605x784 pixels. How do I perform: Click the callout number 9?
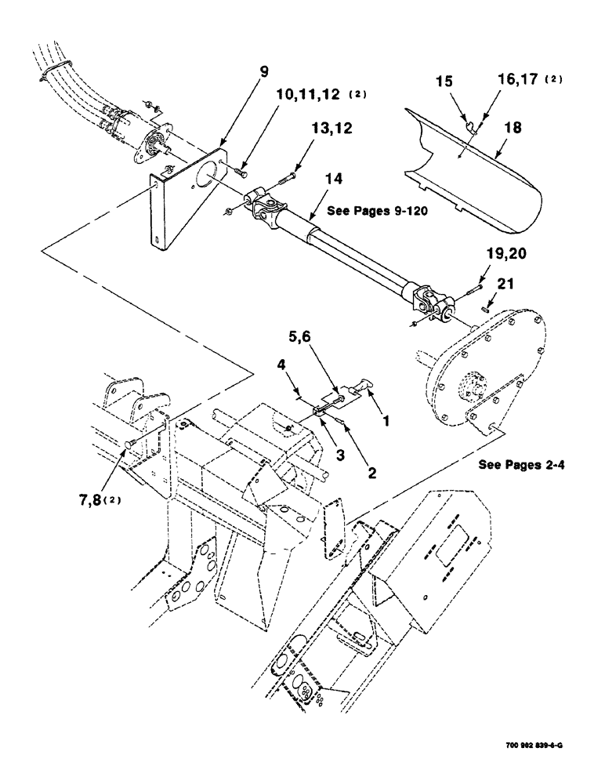pyautogui.click(x=264, y=72)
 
